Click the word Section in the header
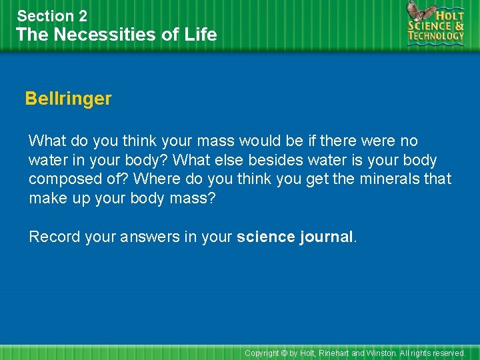coord(45,16)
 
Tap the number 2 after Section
coord(83,16)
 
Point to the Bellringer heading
coord(68,99)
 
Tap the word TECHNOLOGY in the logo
coord(437,37)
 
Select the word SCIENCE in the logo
coord(430,25)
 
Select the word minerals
coord(386,180)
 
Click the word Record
coord(52,237)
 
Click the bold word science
coord(265,237)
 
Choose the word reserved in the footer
coord(448,353)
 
